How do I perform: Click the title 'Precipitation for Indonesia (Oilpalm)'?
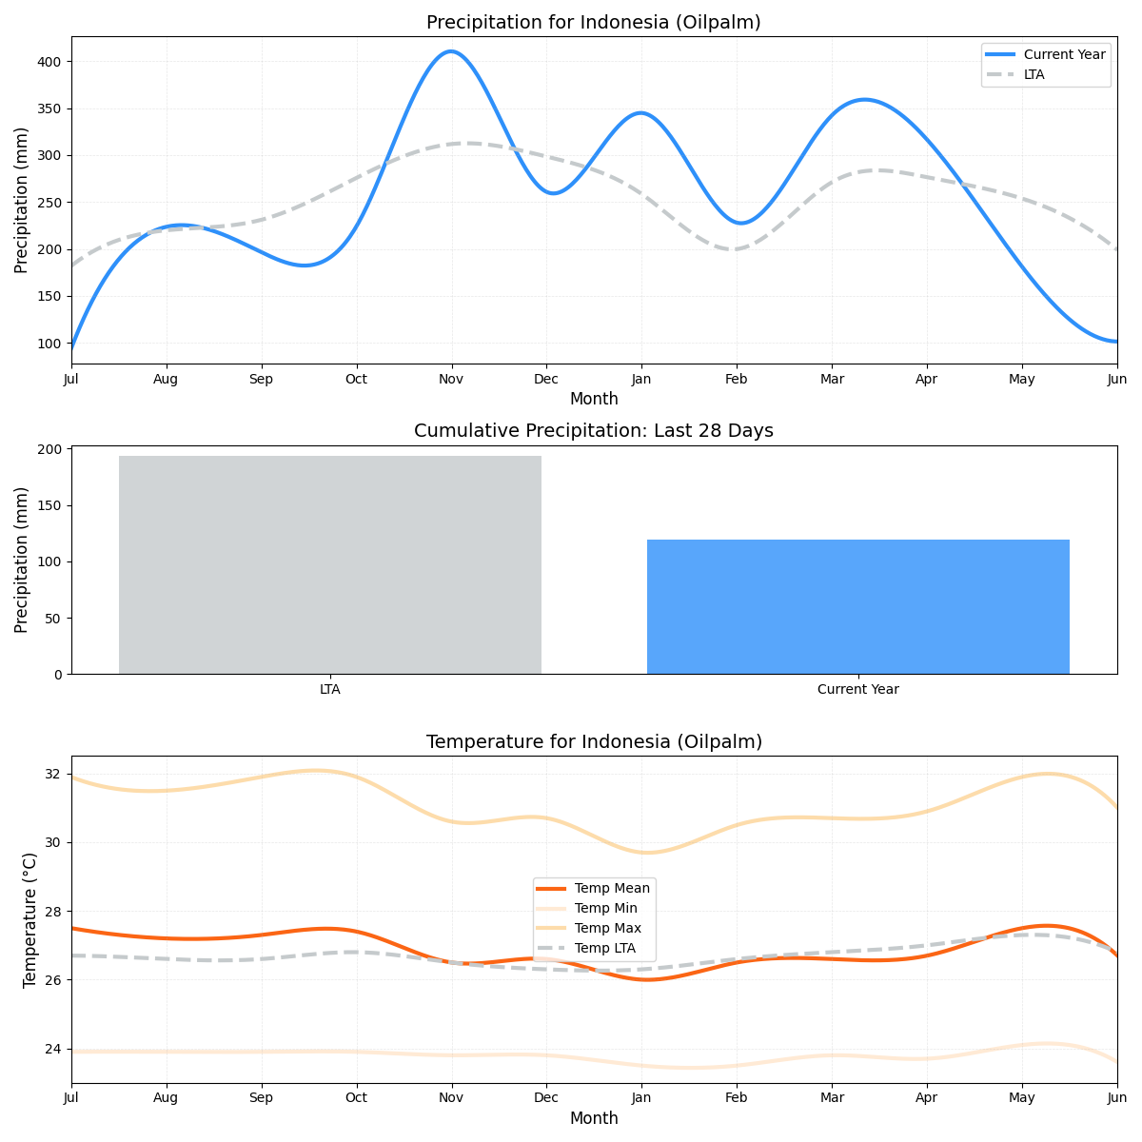(593, 23)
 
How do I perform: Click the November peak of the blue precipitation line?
(451, 51)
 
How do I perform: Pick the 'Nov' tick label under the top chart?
(451, 380)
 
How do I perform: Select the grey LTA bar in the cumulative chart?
(330, 564)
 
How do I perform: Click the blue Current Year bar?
(857, 606)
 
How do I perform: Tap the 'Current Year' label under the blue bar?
(857, 690)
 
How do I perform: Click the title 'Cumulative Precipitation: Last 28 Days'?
(593, 431)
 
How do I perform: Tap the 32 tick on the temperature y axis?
(52, 774)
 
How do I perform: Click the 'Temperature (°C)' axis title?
(30, 919)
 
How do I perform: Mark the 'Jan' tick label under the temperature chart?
(640, 1099)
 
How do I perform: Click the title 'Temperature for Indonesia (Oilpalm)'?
(594, 742)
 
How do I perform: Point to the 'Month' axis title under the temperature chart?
(594, 1119)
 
